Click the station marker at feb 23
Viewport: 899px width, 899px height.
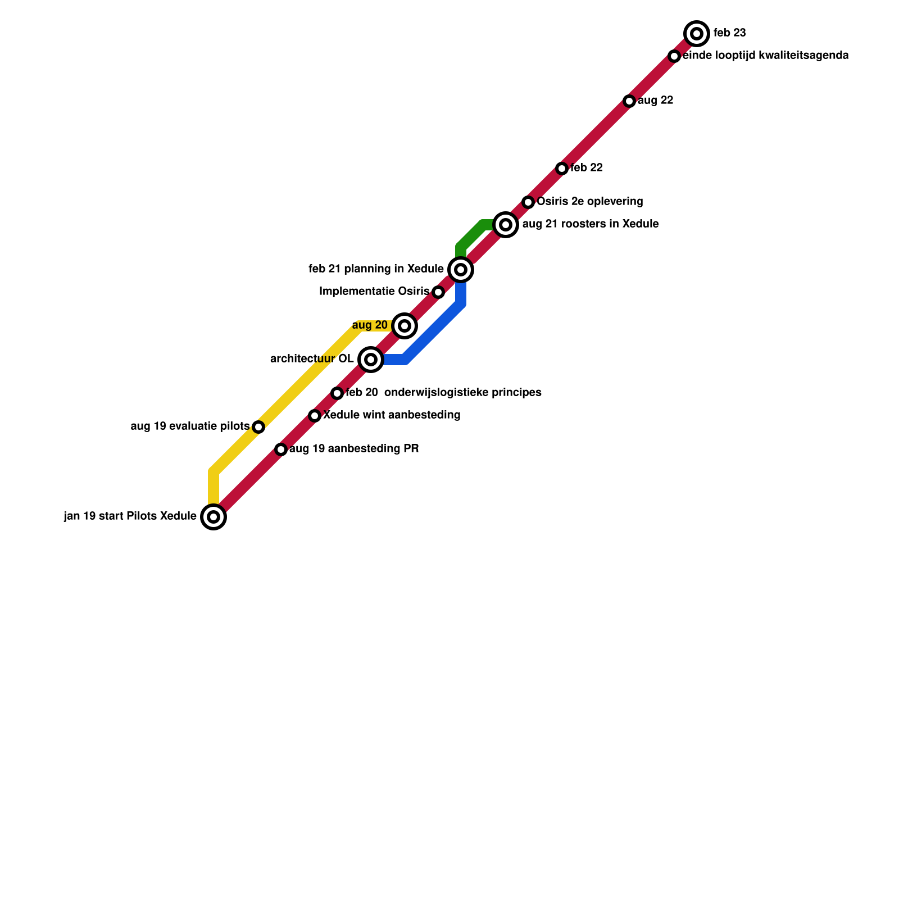tap(697, 34)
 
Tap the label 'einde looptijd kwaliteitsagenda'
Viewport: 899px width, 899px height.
tap(765, 56)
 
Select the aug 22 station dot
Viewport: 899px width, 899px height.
tap(629, 101)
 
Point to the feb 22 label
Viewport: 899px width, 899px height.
tap(587, 168)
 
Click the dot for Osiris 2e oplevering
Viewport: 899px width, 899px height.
tap(528, 202)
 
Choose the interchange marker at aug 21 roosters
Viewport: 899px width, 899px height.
tap(506, 225)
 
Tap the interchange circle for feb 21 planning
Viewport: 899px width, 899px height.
tap(461, 270)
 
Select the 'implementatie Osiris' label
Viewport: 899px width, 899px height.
tap(374, 292)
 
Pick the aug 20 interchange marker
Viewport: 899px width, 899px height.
tap(405, 326)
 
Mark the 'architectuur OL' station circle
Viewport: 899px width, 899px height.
tap(371, 360)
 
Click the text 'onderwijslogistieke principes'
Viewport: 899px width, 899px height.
tap(462, 393)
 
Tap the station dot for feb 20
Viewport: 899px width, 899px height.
tap(337, 393)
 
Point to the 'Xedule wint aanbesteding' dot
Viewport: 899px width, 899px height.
tap(315, 416)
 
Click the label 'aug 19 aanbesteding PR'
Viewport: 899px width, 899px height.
tap(354, 449)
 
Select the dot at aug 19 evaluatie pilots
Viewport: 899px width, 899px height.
tap(258, 427)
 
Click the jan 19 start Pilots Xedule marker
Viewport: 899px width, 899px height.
tap(214, 517)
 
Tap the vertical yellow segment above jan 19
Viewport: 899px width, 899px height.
tap(214, 487)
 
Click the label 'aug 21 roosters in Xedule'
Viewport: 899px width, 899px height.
tap(590, 224)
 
